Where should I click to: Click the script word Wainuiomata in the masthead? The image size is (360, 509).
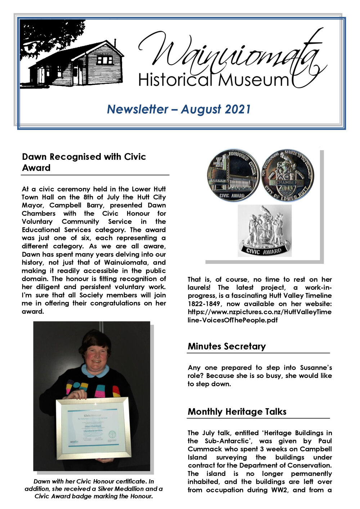230,54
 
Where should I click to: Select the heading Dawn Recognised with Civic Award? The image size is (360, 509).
84,162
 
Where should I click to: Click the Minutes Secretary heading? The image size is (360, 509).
226,346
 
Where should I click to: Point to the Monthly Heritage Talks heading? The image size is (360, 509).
237,411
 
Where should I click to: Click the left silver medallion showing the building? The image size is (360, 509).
233,176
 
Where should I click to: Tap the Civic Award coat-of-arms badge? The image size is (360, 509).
265,231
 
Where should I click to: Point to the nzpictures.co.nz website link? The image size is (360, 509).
260,316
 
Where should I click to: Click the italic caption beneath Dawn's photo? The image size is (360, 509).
94,489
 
